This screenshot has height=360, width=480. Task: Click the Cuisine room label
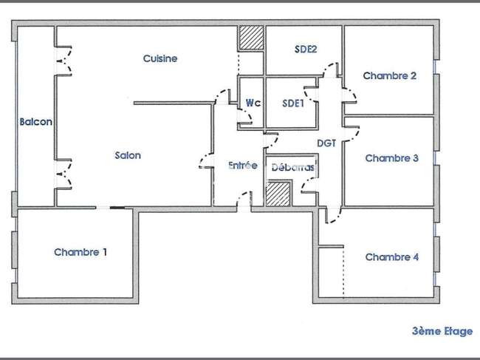[160, 58]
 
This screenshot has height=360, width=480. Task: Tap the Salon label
[128, 155]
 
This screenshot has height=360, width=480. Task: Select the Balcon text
[36, 122]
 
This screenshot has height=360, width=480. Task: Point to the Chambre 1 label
[80, 252]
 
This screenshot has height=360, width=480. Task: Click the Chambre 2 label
[390, 75]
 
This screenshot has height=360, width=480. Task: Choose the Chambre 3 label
[392, 158]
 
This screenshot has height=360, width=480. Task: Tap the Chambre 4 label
[392, 257]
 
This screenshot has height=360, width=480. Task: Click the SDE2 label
[306, 49]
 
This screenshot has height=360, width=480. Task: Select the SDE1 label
[293, 103]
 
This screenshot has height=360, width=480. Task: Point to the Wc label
[253, 103]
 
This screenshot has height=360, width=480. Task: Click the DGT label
[326, 143]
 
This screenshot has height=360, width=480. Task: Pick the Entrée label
[243, 166]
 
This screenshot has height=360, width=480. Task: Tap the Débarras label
[293, 167]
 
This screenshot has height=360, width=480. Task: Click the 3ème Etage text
[442, 331]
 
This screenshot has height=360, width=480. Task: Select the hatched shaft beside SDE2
[251, 38]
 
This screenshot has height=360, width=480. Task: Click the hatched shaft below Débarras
[278, 194]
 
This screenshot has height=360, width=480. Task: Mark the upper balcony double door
[64, 61]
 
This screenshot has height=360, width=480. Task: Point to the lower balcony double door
[64, 174]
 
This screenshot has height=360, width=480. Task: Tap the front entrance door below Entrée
[244, 199]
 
